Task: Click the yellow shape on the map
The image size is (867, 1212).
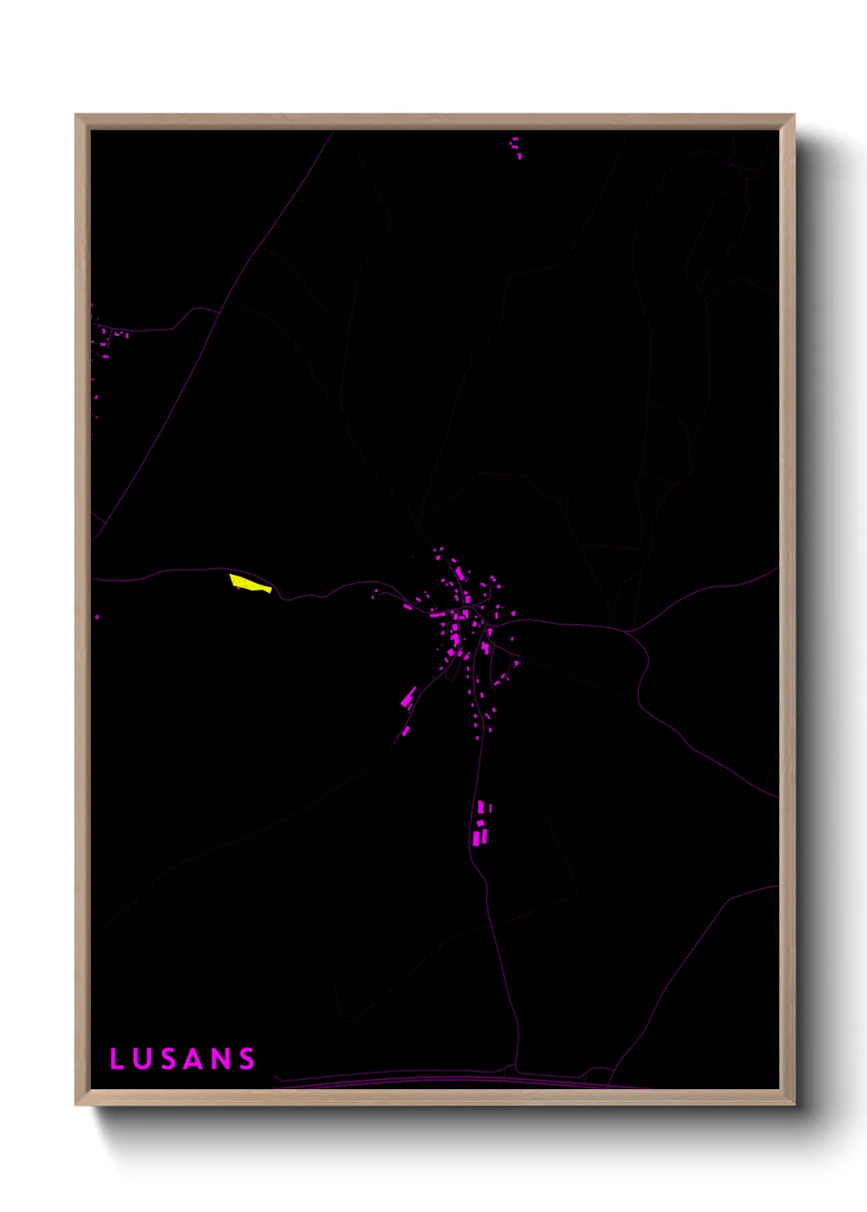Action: (248, 583)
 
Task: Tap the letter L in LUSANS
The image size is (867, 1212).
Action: (116, 1059)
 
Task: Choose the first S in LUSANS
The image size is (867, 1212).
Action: (167, 1059)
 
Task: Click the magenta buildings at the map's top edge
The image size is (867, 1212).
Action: (515, 147)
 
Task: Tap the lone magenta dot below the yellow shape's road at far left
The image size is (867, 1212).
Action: (97, 617)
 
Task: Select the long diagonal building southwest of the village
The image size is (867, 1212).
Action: (408, 697)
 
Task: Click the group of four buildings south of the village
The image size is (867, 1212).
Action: (481, 824)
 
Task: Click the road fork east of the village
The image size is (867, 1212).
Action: (629, 630)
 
